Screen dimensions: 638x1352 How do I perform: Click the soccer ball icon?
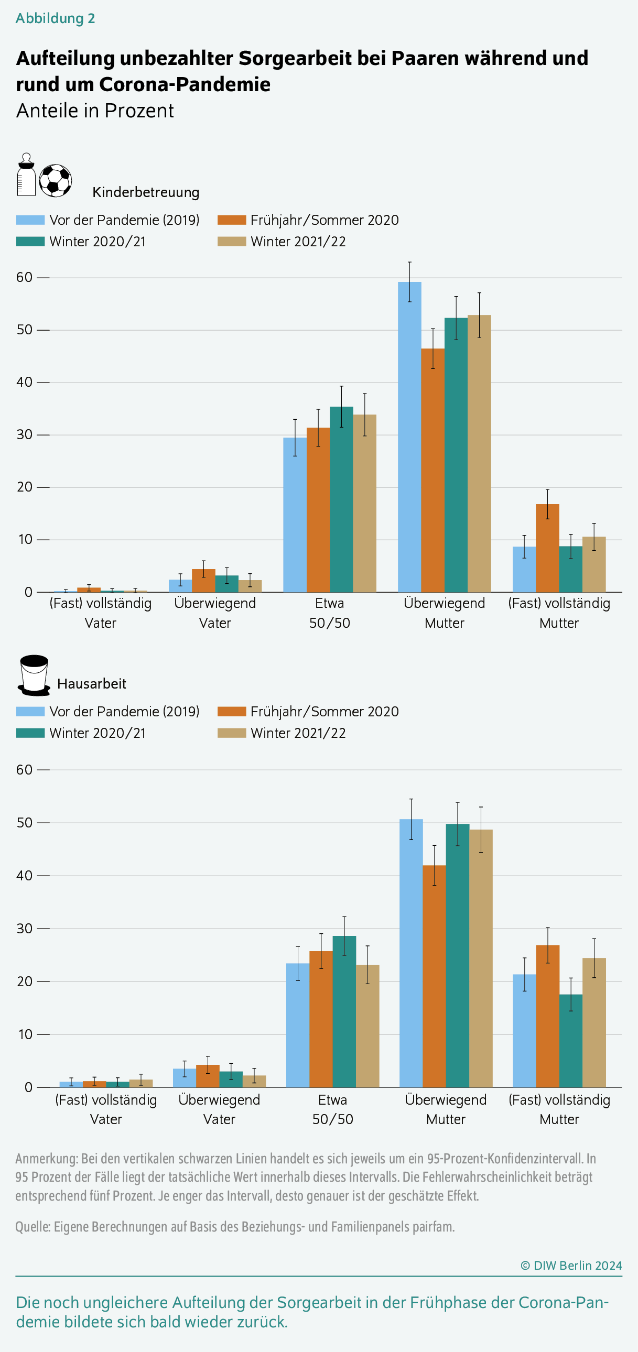(55, 181)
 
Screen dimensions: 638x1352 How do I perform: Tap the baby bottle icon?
(26, 175)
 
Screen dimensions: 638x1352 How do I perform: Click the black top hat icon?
(34, 675)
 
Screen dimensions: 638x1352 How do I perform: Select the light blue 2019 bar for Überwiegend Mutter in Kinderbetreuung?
(409, 437)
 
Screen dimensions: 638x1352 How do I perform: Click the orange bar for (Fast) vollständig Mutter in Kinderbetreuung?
(547, 548)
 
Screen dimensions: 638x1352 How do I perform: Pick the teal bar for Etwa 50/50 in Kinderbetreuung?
(341, 499)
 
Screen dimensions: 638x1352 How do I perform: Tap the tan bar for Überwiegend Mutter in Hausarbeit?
(481, 958)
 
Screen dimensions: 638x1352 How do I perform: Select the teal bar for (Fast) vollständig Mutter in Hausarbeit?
(571, 1040)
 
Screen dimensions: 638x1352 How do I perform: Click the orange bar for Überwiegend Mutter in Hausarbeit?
(434, 976)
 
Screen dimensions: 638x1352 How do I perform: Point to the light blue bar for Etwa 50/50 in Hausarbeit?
(298, 1025)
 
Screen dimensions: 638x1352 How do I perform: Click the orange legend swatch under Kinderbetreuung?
(232, 220)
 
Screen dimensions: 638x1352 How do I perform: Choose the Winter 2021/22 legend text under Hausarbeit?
(298, 733)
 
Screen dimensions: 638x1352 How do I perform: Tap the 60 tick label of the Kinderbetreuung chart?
(24, 277)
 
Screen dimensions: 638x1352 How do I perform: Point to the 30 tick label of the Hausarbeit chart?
(24, 928)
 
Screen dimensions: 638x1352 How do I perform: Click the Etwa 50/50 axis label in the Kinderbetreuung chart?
(330, 613)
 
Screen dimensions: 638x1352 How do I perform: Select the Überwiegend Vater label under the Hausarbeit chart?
(219, 1109)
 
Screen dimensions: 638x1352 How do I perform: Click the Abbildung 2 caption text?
(55, 18)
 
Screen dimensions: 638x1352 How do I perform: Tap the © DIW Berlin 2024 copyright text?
(571, 1265)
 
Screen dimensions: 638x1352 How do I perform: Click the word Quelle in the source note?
(33, 1227)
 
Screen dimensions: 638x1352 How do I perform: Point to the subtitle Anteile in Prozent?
(95, 111)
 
